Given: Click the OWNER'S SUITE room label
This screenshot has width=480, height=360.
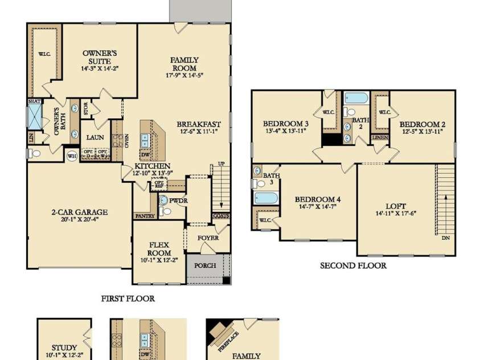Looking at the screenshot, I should click(100, 57).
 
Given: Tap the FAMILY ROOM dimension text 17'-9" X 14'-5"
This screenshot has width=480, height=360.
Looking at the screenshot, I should click(184, 75).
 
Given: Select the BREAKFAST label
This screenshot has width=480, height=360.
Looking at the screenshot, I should click(199, 124).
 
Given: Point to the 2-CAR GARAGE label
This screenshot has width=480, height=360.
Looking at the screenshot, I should click(79, 212).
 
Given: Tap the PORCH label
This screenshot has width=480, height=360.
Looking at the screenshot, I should click(205, 266).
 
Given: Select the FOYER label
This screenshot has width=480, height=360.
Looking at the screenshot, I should click(208, 238).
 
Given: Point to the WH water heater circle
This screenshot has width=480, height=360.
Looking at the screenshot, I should click(72, 156).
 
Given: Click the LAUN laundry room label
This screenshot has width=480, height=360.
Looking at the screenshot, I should click(95, 137).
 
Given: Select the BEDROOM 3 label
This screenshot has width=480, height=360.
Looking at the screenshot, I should click(286, 124).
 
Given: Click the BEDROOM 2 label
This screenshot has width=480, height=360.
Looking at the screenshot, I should click(422, 124).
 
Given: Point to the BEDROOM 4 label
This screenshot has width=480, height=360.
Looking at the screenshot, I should click(317, 199).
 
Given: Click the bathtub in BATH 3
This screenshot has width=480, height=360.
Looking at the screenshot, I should click(266, 198).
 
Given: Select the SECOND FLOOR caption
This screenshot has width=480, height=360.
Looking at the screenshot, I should click(353, 265).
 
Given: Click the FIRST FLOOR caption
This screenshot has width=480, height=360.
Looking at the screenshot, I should click(128, 298).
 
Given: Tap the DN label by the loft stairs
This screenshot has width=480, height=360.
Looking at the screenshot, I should click(445, 238).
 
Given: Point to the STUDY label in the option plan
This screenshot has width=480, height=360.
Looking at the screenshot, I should click(64, 347).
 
